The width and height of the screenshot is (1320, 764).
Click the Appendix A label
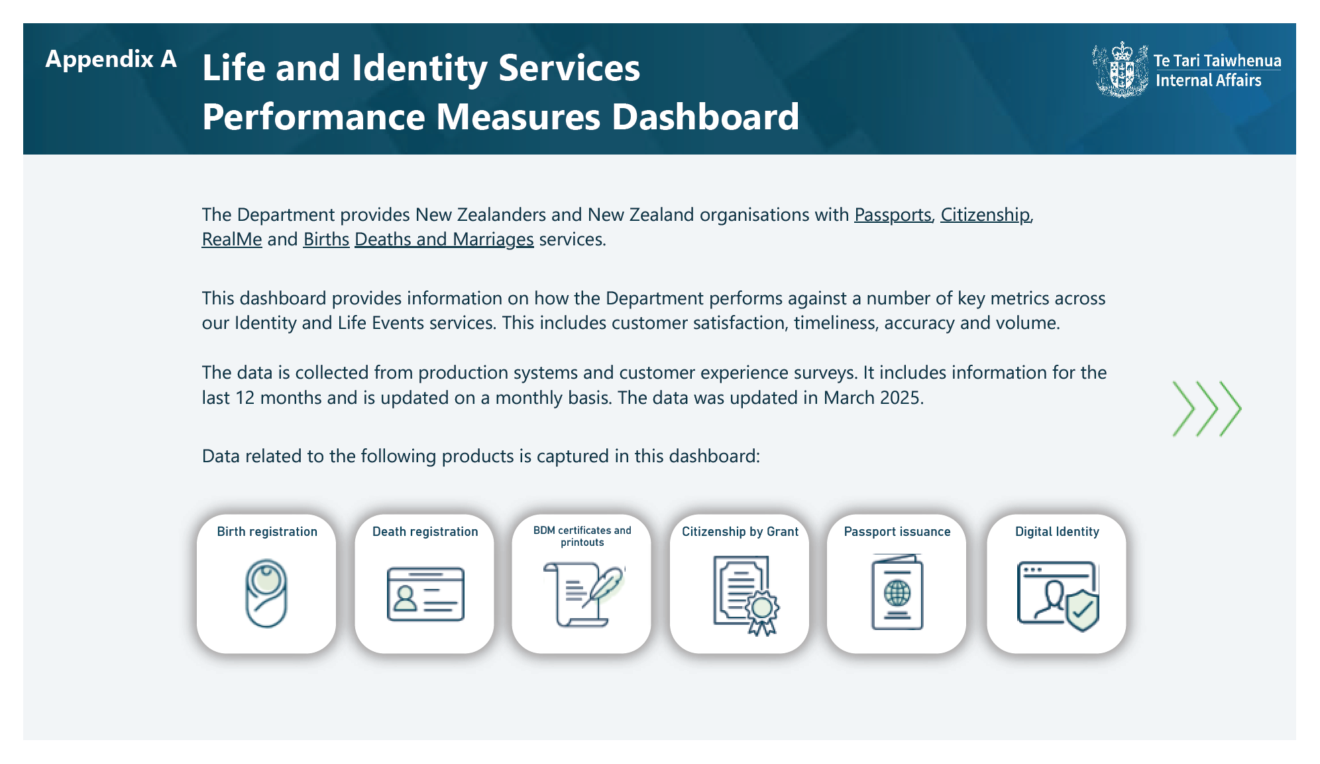tap(111, 60)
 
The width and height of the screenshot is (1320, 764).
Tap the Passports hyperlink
tap(893, 215)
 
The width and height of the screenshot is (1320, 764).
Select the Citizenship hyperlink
tap(985, 215)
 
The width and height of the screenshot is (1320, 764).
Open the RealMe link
tap(232, 239)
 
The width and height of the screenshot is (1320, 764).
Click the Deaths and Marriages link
tap(444, 239)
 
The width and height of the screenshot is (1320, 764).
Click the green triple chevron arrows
tap(1207, 409)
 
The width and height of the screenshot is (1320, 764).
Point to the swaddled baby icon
tap(266, 594)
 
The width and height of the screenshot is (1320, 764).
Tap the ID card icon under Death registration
tap(425, 594)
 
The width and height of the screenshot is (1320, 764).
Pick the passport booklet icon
tap(897, 592)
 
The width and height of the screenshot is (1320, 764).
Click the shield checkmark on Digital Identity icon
tap(1082, 610)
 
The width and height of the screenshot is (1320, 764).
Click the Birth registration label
tap(267, 532)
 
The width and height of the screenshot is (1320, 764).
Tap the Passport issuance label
tap(897, 532)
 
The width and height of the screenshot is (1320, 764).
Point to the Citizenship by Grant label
tap(740, 532)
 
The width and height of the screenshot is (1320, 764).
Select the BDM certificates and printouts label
tap(582, 537)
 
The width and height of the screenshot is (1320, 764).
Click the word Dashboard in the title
tap(705, 117)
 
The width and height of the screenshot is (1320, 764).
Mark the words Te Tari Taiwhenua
tap(1217, 60)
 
